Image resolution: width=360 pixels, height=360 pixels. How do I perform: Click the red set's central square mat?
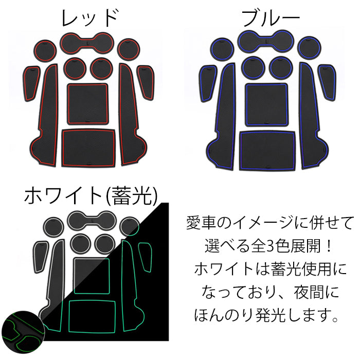pos(87,103)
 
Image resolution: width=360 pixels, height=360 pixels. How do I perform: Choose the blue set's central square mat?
pos(266,104)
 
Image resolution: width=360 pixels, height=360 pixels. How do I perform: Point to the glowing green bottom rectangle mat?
pos(93,314)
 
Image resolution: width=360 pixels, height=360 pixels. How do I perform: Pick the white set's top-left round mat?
pos(53,226)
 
